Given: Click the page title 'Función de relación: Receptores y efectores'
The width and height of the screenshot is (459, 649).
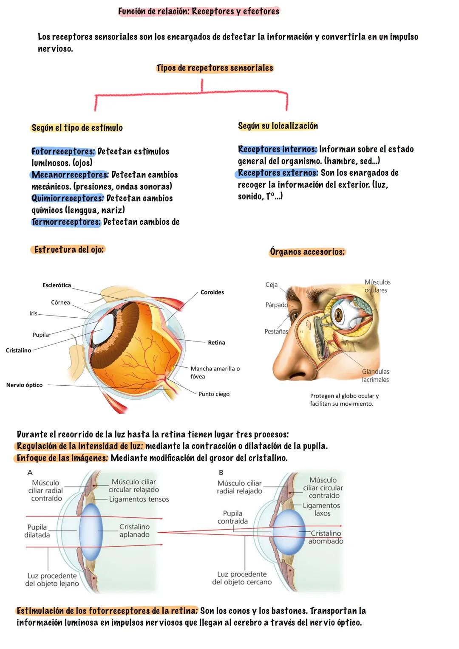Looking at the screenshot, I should [198, 11].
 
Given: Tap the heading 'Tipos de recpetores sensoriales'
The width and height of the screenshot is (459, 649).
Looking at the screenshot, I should [215, 68].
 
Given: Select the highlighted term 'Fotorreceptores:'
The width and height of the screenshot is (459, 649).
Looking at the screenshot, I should [63, 152].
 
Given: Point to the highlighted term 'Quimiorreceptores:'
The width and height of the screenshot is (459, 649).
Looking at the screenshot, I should [68, 198].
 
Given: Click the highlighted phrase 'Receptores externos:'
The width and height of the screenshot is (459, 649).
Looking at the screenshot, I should [278, 173].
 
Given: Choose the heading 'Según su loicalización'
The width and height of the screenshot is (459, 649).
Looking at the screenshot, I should [278, 126].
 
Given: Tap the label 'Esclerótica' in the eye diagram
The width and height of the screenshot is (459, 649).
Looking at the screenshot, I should [57, 285].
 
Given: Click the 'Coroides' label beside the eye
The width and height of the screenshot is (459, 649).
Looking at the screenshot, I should [212, 292].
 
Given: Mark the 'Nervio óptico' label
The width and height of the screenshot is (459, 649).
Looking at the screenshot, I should [24, 385].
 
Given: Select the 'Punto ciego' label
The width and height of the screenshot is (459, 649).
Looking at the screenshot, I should [214, 394].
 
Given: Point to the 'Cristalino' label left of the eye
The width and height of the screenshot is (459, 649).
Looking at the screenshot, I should [18, 350].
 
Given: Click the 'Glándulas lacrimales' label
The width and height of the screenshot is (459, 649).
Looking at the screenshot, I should [375, 376].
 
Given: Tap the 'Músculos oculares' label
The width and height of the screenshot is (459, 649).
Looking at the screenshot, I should [377, 286].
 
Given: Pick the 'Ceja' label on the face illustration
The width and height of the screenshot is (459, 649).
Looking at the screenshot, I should [272, 285].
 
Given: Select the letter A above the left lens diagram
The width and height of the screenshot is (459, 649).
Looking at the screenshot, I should [30, 472].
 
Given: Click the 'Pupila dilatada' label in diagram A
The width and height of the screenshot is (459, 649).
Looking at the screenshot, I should [37, 531].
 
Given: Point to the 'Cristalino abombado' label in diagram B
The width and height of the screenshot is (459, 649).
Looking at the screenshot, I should [326, 537].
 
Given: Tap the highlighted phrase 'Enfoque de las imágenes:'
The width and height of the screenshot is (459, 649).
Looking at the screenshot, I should [62, 458].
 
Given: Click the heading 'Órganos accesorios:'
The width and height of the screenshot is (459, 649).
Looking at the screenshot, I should [307, 252].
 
